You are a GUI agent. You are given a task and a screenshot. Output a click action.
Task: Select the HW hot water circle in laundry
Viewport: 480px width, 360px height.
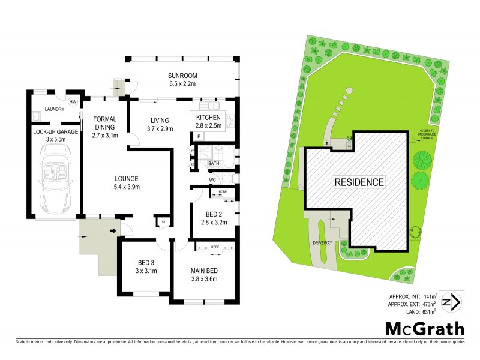(73, 102)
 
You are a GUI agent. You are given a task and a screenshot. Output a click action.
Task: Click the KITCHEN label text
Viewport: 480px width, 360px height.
(208, 117)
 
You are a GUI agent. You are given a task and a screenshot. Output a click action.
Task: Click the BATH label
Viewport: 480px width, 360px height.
(214, 163)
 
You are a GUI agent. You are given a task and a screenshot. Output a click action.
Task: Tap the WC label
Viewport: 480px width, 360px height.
(212, 179)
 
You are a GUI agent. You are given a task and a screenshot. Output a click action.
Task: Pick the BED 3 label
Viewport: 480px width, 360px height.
(146, 262)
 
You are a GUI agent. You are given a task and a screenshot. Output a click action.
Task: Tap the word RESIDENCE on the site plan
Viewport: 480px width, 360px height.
(359, 182)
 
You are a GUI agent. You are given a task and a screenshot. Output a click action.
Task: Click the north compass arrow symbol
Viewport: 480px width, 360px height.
(451, 302)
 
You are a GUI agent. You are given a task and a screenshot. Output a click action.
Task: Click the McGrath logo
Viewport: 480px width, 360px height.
(424, 329)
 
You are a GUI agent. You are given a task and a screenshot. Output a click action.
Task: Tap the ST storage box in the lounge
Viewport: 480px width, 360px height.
(163, 222)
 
